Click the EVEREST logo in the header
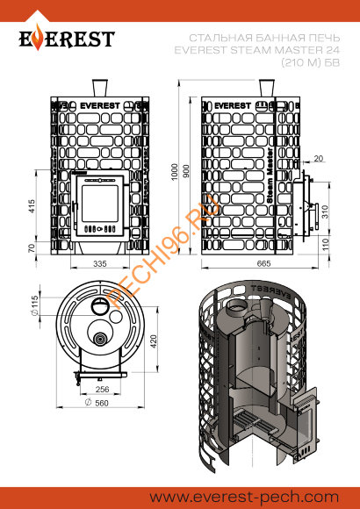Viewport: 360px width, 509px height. tap(67, 39)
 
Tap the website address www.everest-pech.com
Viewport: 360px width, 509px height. tap(244, 497)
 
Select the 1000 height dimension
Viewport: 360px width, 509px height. tap(175, 172)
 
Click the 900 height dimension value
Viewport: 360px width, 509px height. tap(186, 171)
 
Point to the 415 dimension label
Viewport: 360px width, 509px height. tap(32, 206)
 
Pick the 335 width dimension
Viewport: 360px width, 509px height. tap(100, 264)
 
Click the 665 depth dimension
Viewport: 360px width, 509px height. tap(263, 263)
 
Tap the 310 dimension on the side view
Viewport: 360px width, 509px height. tap(326, 211)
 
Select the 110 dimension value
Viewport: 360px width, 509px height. tap(326, 244)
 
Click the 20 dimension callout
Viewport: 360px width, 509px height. tap(319, 158)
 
